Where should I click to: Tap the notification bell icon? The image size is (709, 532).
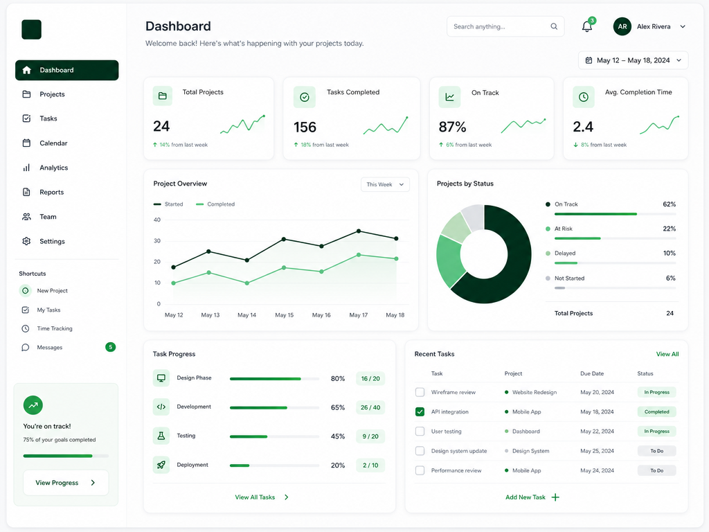pyautogui.click(x=587, y=27)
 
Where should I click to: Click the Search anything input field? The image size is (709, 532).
pyautogui.click(x=505, y=27)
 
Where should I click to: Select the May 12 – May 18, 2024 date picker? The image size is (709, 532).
pyautogui.click(x=633, y=60)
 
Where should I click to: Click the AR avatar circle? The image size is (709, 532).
pyautogui.click(x=622, y=27)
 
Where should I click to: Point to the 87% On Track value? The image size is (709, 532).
pyautogui.click(x=452, y=127)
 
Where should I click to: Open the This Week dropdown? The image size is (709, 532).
pyautogui.click(x=385, y=184)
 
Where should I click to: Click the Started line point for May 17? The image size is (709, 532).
pyautogui.click(x=359, y=231)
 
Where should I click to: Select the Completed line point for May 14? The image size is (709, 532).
pyautogui.click(x=247, y=283)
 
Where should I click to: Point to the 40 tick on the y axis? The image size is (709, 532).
pyautogui.click(x=157, y=220)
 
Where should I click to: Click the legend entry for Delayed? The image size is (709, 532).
pyautogui.click(x=565, y=254)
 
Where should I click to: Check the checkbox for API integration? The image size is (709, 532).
pyautogui.click(x=420, y=411)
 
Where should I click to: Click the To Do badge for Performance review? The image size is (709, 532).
pyautogui.click(x=656, y=470)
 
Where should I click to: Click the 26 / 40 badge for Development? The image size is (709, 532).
pyautogui.click(x=370, y=407)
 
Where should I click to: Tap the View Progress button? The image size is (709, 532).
pyautogui.click(x=66, y=483)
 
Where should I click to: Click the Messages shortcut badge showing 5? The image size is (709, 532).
pyautogui.click(x=110, y=347)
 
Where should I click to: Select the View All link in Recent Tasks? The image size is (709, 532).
pyautogui.click(x=667, y=354)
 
